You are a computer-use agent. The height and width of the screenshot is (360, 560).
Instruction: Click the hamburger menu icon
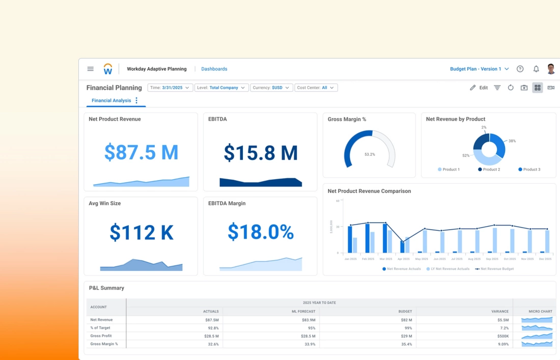click(x=90, y=69)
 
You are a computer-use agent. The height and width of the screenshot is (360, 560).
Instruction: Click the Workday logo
click(x=108, y=69)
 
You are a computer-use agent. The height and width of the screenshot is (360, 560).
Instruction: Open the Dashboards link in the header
click(x=214, y=69)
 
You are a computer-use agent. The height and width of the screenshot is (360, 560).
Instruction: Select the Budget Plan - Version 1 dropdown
click(x=479, y=69)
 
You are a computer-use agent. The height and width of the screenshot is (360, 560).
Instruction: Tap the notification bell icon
click(x=536, y=69)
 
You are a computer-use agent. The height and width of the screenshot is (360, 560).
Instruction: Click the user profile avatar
click(x=551, y=69)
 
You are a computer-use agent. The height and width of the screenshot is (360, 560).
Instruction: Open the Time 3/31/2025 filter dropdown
click(x=170, y=88)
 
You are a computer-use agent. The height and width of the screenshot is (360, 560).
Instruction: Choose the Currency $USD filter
click(x=271, y=88)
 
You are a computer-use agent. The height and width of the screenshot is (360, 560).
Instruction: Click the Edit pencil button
click(x=479, y=88)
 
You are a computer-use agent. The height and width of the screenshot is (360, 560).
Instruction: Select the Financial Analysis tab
click(x=111, y=100)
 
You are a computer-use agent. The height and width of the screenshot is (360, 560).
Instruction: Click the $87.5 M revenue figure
click(x=141, y=152)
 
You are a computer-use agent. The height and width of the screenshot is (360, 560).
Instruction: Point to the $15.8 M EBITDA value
click(x=260, y=153)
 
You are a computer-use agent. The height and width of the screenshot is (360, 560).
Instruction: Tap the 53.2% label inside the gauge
click(x=370, y=154)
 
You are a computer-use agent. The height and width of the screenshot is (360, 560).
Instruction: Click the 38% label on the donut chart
click(x=512, y=141)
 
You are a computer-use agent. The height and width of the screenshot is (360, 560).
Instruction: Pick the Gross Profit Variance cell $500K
click(x=502, y=336)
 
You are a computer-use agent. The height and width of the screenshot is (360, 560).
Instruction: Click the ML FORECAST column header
click(x=303, y=311)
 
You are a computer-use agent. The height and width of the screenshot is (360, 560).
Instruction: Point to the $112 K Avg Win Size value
click(x=141, y=232)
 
